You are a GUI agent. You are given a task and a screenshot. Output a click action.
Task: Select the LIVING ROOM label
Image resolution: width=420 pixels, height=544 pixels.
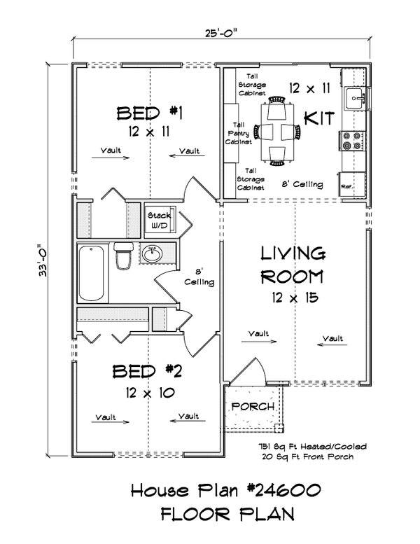(x=293, y=264)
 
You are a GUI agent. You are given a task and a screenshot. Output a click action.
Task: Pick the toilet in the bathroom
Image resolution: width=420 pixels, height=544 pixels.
(x=123, y=256)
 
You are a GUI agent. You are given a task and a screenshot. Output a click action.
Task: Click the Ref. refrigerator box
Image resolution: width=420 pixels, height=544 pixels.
(x=347, y=187)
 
